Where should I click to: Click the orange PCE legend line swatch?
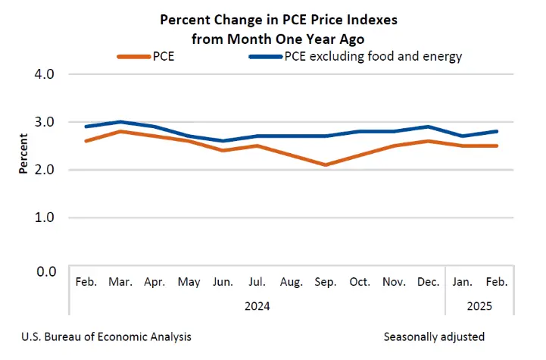134,56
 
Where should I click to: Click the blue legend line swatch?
265,56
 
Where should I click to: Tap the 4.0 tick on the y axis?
44,74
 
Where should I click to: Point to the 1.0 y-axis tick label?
44,218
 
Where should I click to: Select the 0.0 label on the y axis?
46,271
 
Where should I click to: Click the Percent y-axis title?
23,153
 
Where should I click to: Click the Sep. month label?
325,282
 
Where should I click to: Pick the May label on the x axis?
189,282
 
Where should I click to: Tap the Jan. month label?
462,282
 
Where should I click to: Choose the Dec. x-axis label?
428,282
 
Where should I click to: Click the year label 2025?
479,306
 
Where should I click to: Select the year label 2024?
257,306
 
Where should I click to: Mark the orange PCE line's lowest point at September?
326,164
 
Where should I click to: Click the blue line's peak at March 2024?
120,122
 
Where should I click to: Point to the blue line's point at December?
428,127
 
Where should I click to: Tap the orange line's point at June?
223,151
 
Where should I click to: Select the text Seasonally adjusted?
434,337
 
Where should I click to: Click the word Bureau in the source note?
64,337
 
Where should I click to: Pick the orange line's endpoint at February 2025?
496,146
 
